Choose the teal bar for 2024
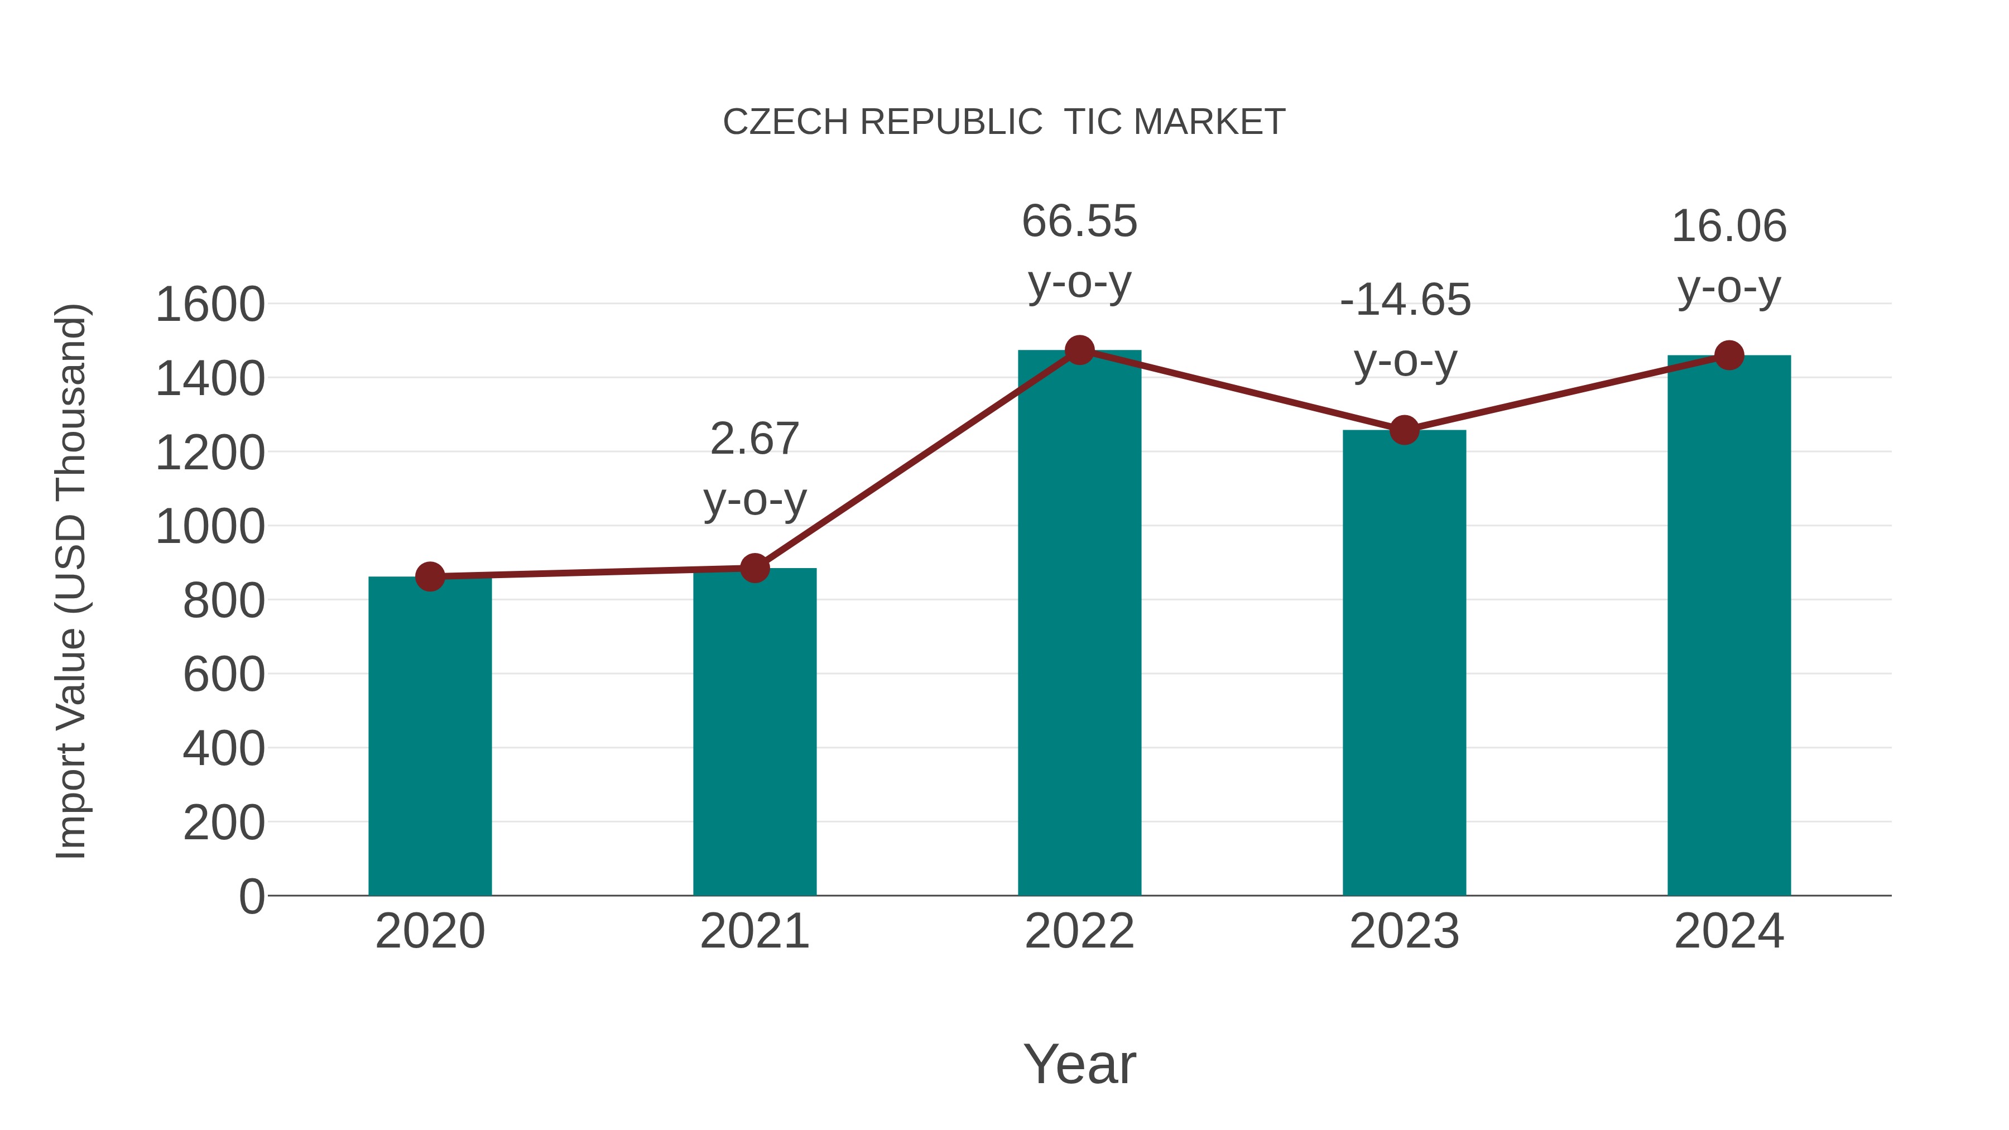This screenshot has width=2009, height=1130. (x=1729, y=624)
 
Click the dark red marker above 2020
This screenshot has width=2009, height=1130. (x=430, y=576)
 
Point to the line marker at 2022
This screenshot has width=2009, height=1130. (x=1079, y=350)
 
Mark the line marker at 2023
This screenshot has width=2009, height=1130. (x=1404, y=430)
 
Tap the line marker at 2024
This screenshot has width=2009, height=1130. (x=1729, y=355)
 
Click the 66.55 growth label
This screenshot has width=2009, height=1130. (x=1079, y=222)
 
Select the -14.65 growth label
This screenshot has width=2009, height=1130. (x=1405, y=300)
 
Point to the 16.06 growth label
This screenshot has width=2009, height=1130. (x=1729, y=227)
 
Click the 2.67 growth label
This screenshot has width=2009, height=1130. (x=754, y=439)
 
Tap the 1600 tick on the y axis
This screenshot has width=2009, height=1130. (x=210, y=305)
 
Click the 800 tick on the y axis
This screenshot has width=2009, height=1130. (x=223, y=601)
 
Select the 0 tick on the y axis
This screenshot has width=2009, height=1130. (x=251, y=897)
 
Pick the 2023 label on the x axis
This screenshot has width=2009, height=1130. (x=1404, y=931)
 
